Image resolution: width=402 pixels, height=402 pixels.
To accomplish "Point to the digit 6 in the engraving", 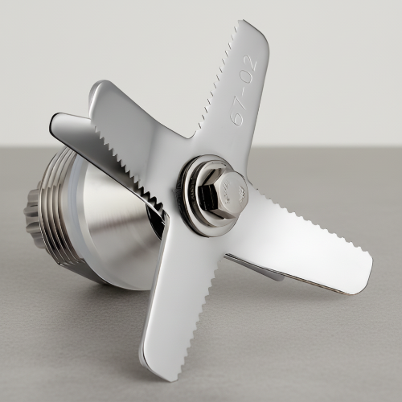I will (237, 117).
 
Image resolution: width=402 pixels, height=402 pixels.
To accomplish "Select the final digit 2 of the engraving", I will (251, 62).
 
